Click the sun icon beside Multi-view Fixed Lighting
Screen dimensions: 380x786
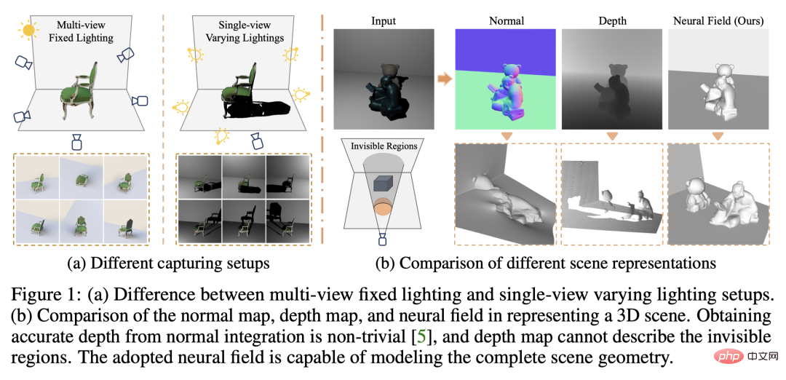click(x=29, y=30)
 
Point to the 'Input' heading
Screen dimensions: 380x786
click(x=383, y=20)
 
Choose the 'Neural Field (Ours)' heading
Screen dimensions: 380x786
click(x=718, y=20)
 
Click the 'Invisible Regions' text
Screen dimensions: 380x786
click(x=384, y=146)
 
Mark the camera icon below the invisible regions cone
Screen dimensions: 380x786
click(x=384, y=239)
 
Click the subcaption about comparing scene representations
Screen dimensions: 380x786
click(x=546, y=264)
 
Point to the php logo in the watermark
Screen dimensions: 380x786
click(x=722, y=359)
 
